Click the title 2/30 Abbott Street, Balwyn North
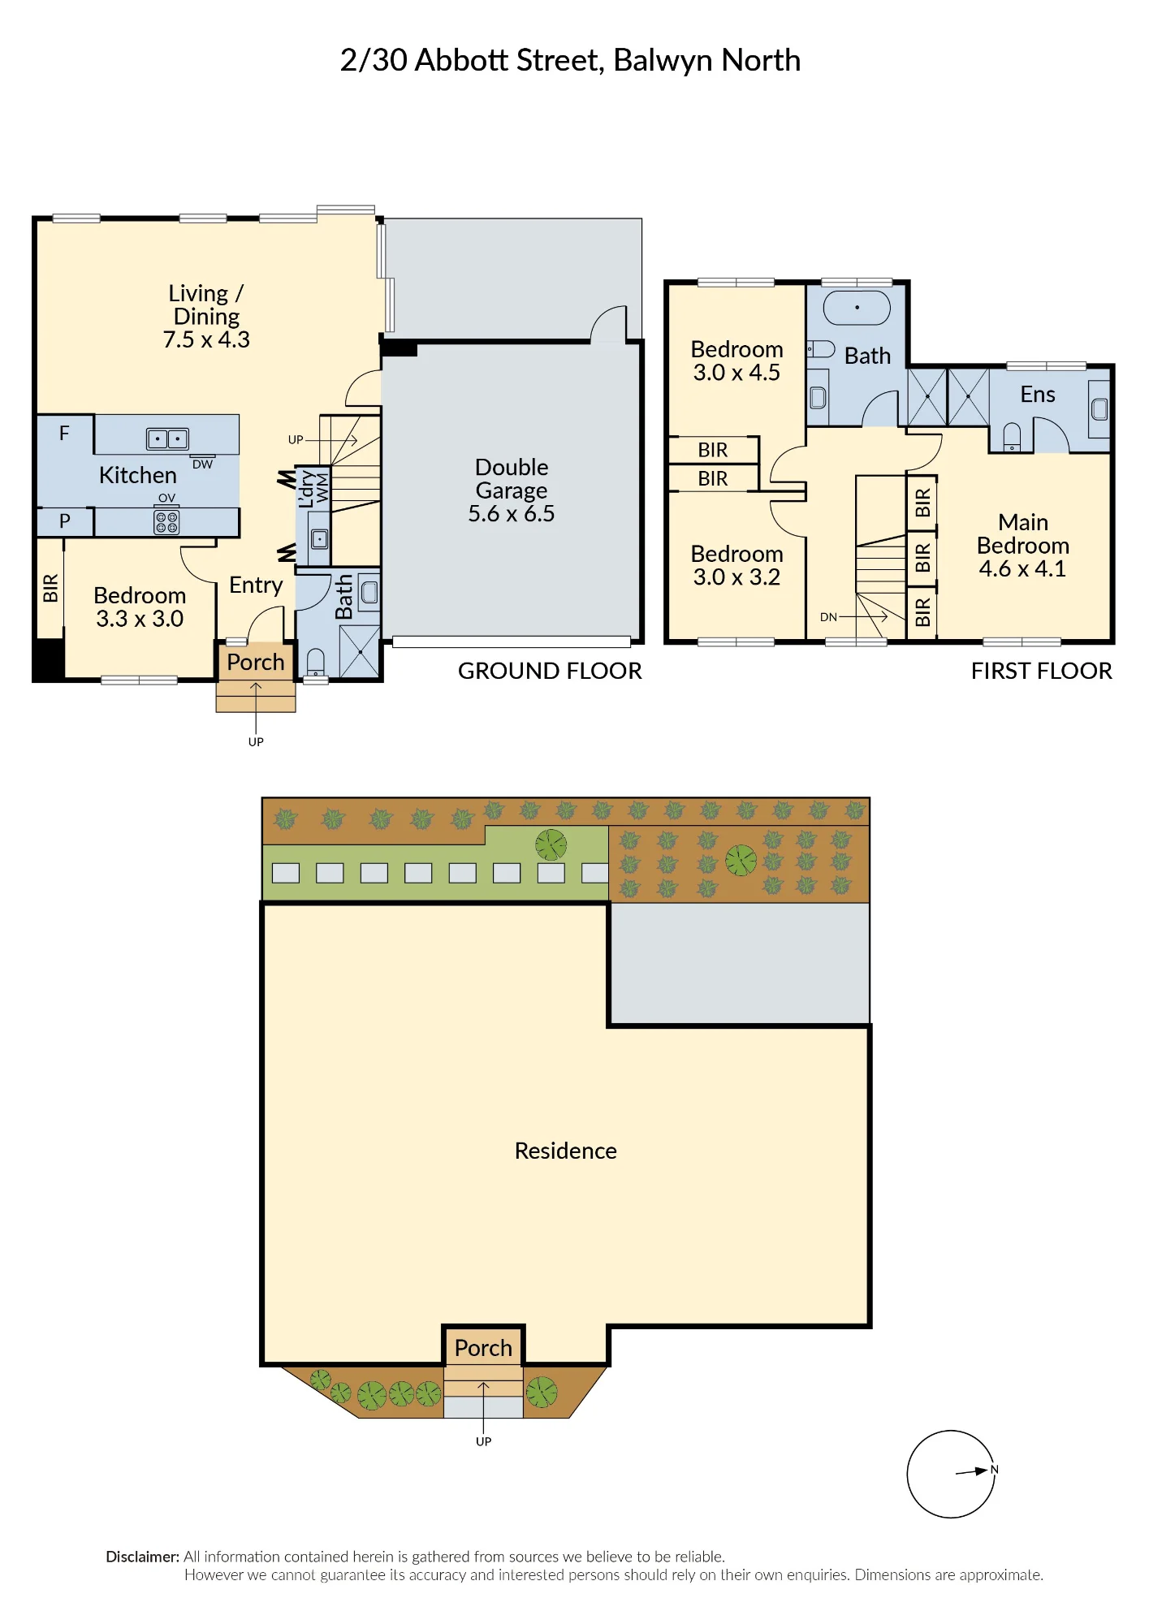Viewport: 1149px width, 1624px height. click(x=570, y=61)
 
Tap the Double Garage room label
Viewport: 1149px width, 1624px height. click(x=512, y=478)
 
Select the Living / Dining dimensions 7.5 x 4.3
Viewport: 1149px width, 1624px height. click(x=206, y=339)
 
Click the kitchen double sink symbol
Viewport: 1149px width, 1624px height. click(x=167, y=438)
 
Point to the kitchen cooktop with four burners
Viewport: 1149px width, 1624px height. click(x=166, y=522)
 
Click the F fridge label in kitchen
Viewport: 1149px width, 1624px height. click(x=64, y=434)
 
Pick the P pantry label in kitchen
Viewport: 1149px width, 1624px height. click(x=65, y=521)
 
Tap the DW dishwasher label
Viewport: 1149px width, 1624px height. click(x=202, y=464)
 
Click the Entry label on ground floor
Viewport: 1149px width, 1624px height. click(x=256, y=585)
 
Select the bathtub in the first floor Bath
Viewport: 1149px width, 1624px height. click(x=857, y=308)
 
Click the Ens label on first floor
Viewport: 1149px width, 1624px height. click(x=1038, y=395)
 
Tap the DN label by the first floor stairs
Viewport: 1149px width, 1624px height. click(x=828, y=617)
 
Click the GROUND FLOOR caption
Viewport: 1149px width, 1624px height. click(x=550, y=671)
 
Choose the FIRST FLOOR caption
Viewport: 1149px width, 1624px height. click(x=1041, y=671)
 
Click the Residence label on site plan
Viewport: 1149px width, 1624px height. click(x=566, y=1151)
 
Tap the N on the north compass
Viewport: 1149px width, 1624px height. click(x=994, y=1470)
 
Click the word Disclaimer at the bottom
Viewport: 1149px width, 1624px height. click(x=143, y=1557)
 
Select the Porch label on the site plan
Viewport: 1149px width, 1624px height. click(x=483, y=1348)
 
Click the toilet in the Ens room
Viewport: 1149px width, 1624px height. click(x=1012, y=437)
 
